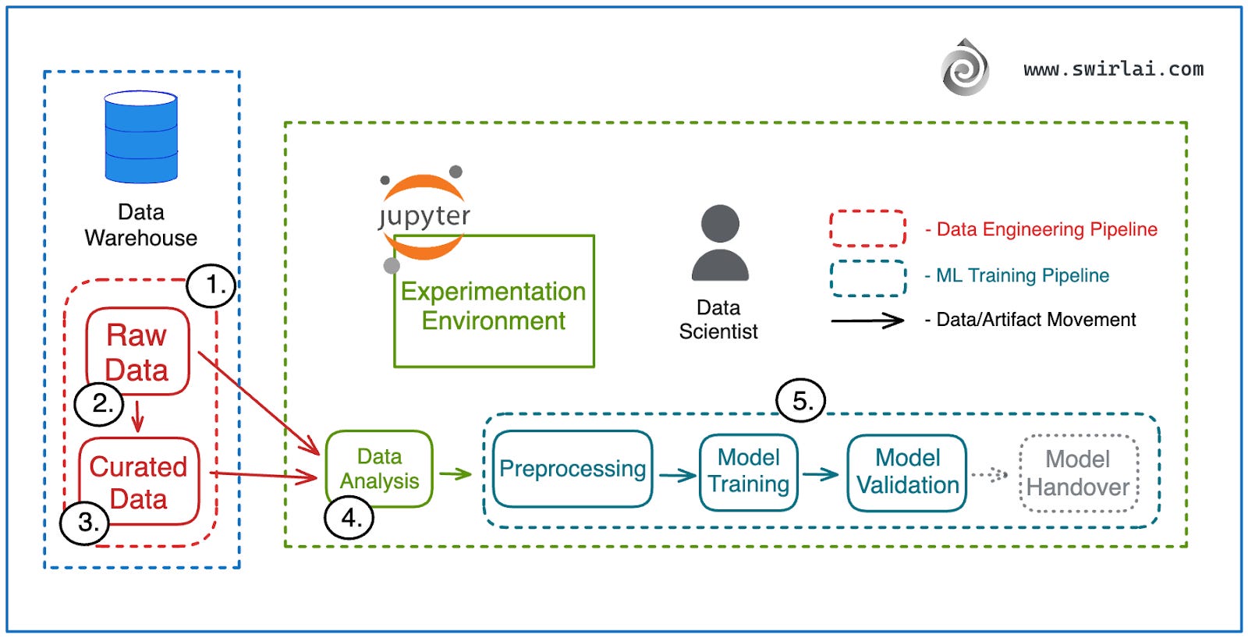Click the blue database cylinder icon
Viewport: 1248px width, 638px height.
(x=141, y=137)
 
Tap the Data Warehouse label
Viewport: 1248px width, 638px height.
(x=141, y=225)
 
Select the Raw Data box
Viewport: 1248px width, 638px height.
(x=137, y=351)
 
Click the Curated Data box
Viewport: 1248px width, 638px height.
(x=139, y=481)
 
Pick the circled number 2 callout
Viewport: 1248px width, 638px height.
(x=99, y=403)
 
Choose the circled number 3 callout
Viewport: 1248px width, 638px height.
(x=85, y=522)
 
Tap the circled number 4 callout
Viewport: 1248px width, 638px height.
(x=349, y=517)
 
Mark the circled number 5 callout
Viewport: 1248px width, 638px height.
(x=800, y=400)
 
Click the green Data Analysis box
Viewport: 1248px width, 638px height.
(x=379, y=468)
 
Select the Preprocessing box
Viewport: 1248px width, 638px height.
(x=573, y=469)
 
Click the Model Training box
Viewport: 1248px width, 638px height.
(x=749, y=471)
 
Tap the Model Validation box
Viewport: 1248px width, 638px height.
(x=907, y=472)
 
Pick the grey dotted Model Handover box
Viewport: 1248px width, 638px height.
(x=1078, y=473)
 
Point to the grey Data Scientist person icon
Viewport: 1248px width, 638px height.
(x=720, y=243)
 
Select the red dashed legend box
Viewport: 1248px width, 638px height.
(x=867, y=229)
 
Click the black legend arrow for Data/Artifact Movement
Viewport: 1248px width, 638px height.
(x=867, y=320)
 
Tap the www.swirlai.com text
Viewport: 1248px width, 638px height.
(x=1113, y=69)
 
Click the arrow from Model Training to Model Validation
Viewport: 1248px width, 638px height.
(x=821, y=473)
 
